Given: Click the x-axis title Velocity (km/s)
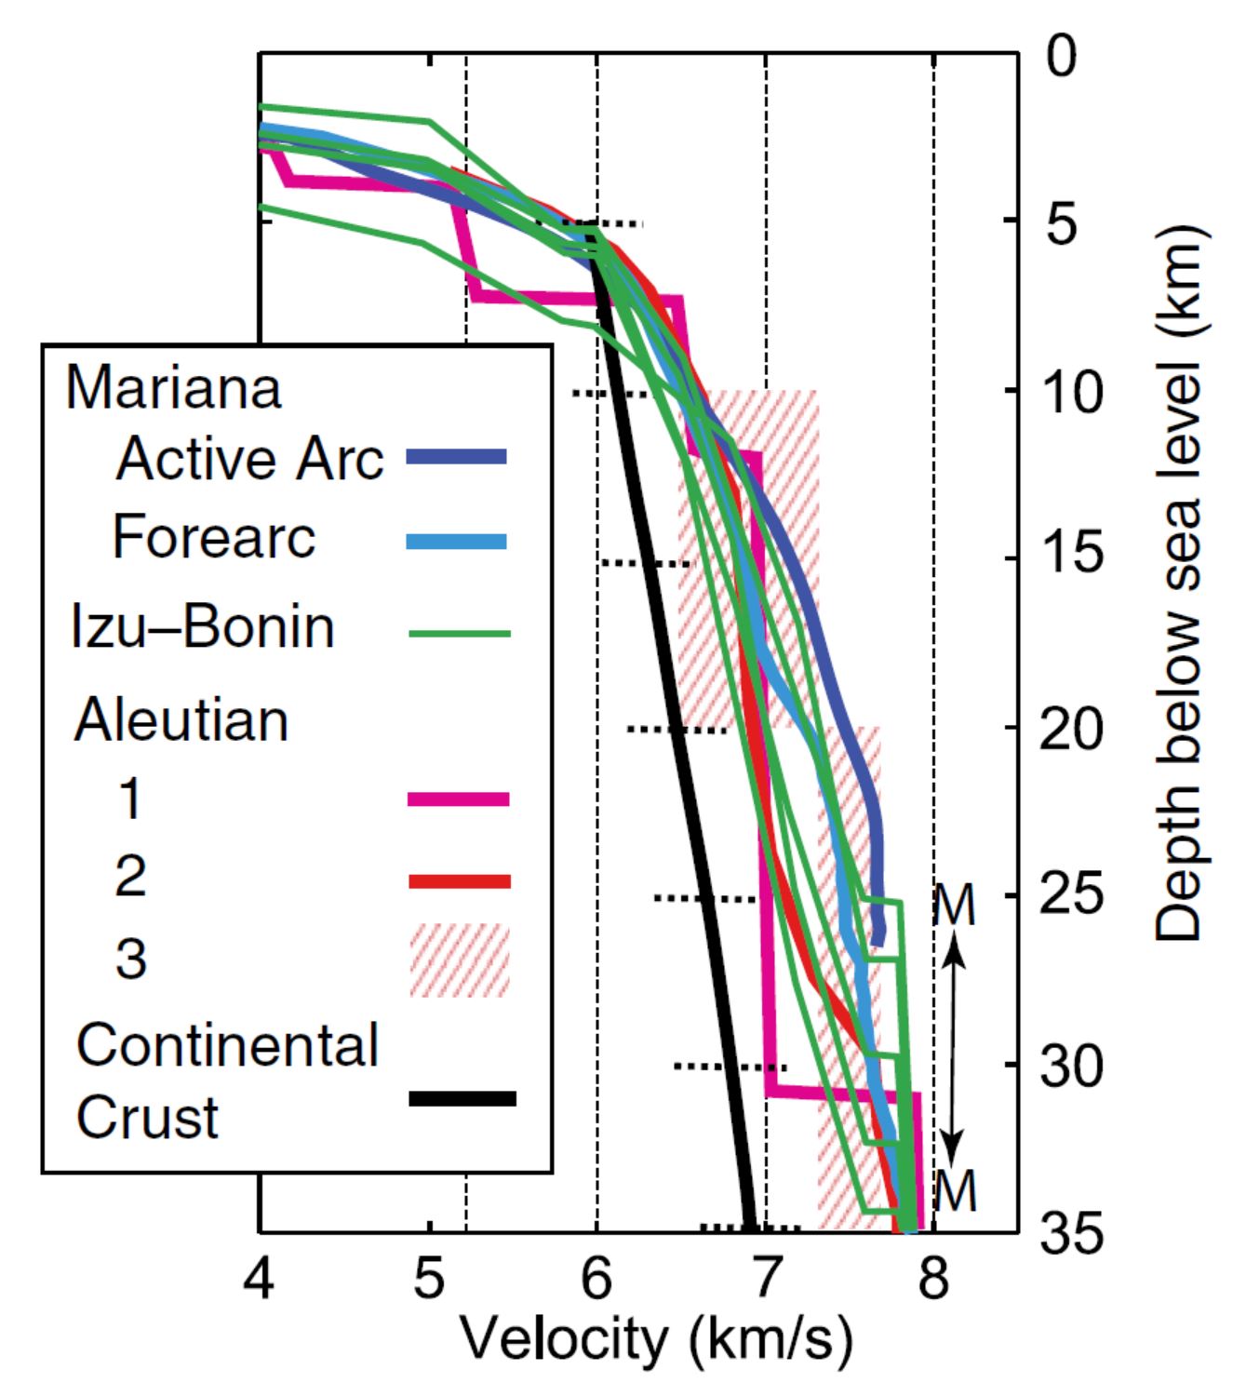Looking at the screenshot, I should tap(656, 1340).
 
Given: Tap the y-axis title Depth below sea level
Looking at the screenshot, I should tap(1180, 582).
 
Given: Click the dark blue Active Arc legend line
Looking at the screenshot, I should tap(457, 456).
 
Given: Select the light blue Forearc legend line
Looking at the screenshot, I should tap(457, 542).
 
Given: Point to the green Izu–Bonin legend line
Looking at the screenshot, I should tap(460, 634).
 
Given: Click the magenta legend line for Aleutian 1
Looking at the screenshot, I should tap(459, 799).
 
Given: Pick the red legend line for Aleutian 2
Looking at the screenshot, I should tap(460, 880).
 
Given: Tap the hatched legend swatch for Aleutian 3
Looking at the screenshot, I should tap(460, 960).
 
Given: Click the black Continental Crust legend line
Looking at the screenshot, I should tap(462, 1098).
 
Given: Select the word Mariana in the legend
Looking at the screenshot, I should tap(173, 387).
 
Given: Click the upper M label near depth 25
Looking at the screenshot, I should tap(954, 905).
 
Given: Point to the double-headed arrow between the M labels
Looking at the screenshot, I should tap(953, 1047).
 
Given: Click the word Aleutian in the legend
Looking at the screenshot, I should tap(181, 719).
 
